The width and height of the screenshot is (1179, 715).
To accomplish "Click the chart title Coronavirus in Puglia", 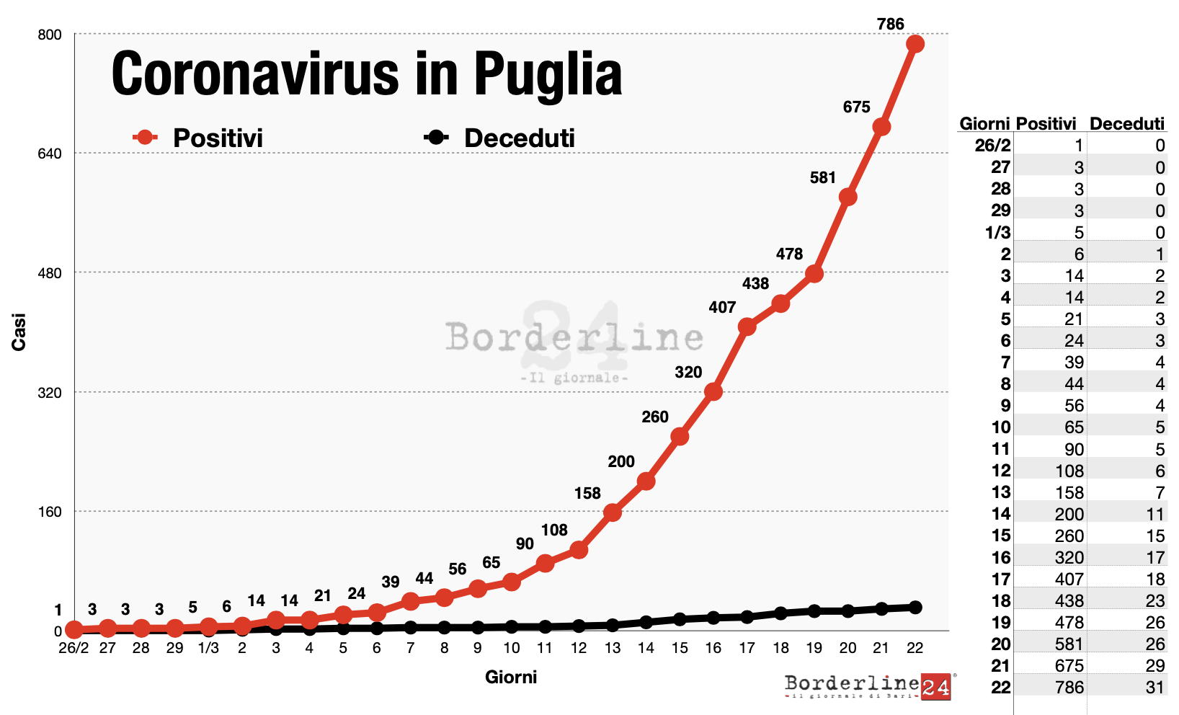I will (366, 74).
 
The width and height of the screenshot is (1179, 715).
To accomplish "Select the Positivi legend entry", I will (198, 138).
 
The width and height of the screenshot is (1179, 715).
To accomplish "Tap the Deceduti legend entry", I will (500, 138).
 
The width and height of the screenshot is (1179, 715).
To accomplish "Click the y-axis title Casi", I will (19, 332).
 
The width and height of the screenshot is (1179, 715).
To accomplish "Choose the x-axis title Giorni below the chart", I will (510, 677).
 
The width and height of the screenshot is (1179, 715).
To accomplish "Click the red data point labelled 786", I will (915, 44).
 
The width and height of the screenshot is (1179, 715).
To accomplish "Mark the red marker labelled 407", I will (747, 327).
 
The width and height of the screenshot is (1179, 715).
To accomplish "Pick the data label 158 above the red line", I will (587, 493).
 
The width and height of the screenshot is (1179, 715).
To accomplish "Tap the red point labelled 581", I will (847, 197).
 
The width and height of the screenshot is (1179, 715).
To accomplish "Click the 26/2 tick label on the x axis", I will (74, 648).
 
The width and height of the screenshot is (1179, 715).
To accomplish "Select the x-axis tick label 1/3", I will (208, 648).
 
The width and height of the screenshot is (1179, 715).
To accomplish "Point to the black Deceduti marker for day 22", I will (915, 607).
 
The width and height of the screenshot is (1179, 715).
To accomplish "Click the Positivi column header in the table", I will (1046, 124).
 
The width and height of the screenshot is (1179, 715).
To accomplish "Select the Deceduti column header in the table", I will (1126, 124).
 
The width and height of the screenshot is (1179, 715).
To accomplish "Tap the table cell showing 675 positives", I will (1069, 666).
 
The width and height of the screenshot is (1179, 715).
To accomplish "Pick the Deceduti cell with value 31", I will (1154, 688).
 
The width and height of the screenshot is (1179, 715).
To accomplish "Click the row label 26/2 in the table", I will (992, 146).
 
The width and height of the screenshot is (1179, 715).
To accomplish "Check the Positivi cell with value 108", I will (1069, 471).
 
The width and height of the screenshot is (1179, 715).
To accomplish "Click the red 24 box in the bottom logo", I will (935, 687).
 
